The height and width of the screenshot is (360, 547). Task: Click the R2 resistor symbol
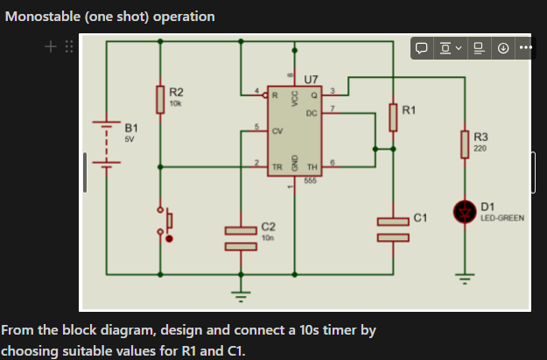click(160, 99)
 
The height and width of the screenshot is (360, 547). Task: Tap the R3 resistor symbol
click(464, 143)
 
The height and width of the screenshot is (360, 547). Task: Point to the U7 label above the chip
click(311, 80)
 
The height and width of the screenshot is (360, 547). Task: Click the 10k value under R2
click(175, 103)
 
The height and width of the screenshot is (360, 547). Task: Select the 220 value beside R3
click(480, 148)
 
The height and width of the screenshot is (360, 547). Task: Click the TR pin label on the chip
click(277, 166)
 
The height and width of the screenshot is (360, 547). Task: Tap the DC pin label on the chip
click(312, 112)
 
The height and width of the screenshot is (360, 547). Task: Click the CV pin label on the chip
click(277, 131)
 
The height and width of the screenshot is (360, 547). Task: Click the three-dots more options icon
click(524, 47)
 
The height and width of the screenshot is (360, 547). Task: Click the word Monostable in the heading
click(39, 17)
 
